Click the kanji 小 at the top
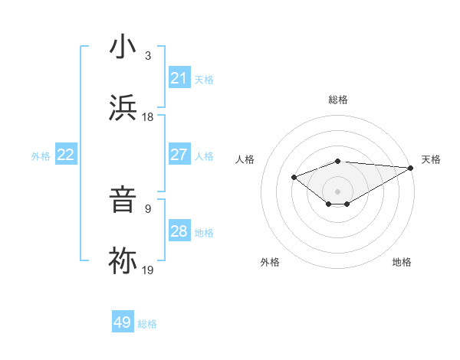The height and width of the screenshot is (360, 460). coord(123,47)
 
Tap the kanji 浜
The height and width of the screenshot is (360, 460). coord(123,109)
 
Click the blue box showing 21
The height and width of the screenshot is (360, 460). coord(179,77)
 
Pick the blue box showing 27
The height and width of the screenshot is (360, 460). coord(179,155)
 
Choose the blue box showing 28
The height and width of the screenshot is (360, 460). coord(179,231)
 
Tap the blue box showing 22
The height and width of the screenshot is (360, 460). coord(66,155)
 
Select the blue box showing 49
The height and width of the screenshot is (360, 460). coord(123,322)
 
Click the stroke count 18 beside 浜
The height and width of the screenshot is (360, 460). coord(148,117)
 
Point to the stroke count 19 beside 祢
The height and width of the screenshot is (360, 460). coord(148,270)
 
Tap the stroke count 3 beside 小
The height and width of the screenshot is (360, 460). coord(148,55)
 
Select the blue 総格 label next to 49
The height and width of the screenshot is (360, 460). coord(147,324)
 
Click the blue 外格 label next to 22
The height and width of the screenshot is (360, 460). coord(41,156)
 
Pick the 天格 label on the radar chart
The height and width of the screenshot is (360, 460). coord(431,159)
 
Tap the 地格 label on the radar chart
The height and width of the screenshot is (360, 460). coord(402,262)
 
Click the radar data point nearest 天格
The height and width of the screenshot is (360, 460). coord(410,168)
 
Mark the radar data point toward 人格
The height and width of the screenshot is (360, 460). coord(294,177)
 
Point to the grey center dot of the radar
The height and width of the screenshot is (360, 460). coord(337,191)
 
